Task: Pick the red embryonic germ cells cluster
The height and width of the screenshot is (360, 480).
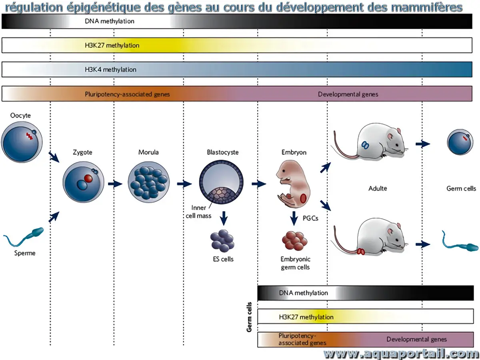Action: click(x=295, y=240)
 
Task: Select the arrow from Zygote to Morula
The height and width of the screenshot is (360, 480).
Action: click(x=115, y=184)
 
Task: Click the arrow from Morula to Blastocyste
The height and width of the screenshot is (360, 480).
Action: click(x=184, y=184)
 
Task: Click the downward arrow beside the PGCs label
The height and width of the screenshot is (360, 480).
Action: click(x=294, y=218)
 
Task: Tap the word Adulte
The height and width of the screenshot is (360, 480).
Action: click(x=378, y=188)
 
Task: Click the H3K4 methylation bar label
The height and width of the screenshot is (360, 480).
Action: click(x=110, y=70)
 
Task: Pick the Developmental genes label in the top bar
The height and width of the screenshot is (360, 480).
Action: click(x=348, y=94)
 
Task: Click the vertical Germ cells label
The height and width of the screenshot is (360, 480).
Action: click(x=249, y=317)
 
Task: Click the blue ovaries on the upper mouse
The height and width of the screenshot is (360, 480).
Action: click(x=366, y=145)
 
